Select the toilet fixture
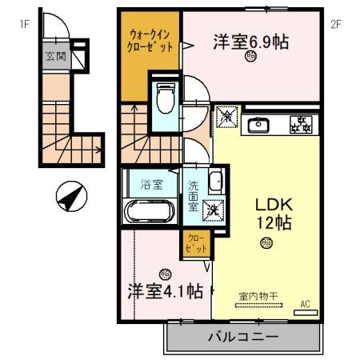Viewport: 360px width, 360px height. (166, 99)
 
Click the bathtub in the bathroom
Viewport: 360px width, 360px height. (151, 213)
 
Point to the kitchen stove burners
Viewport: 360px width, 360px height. (302, 125)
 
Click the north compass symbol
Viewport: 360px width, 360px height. (70, 195)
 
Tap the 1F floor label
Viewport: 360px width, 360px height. (25, 24)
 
